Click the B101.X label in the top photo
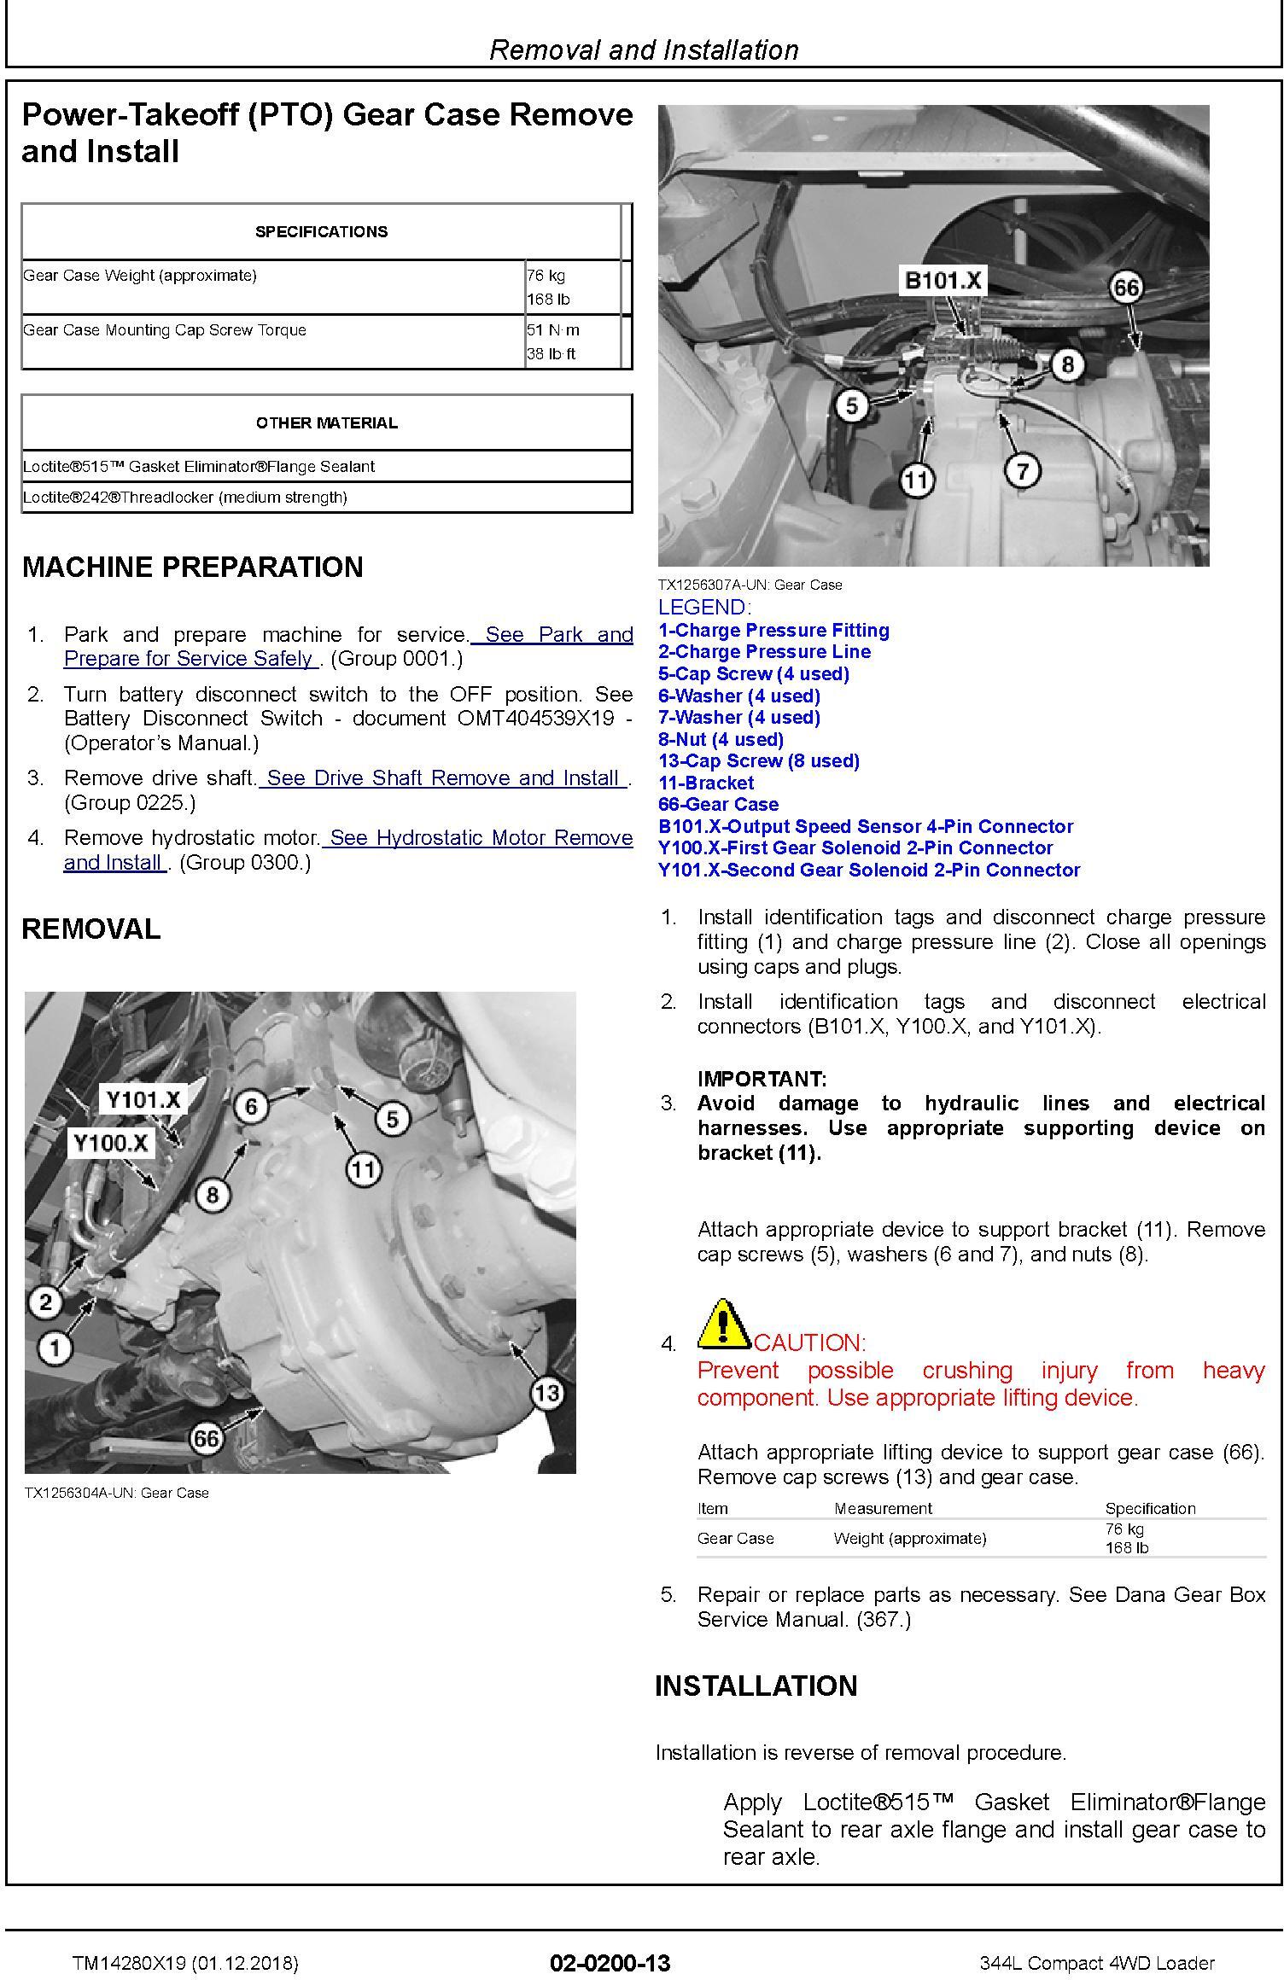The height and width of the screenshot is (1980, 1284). pos(943,281)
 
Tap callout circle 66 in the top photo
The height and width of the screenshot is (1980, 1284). pos(1126,288)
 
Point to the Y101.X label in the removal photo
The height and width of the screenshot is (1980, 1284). pos(143,1099)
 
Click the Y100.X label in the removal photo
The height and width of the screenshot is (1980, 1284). pos(111,1143)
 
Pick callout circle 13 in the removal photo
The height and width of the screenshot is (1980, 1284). pos(546,1394)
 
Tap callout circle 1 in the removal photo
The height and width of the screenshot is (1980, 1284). pos(55,1348)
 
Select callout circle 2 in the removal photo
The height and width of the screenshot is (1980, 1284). pos(46,1302)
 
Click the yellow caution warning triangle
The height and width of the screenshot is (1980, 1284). pos(722,1325)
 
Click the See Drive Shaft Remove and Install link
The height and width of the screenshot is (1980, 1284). pos(444,778)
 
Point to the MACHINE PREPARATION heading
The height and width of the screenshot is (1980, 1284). pos(192,568)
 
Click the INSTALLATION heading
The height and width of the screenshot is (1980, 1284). pos(756,1686)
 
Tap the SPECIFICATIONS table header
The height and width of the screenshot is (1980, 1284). pos(321,232)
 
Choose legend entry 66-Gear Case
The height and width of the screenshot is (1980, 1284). pos(718,805)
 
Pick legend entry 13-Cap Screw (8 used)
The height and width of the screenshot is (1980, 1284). pos(758,761)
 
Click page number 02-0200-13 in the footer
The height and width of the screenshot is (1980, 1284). pos(610,1963)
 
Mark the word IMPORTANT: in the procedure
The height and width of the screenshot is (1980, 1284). pos(762,1079)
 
